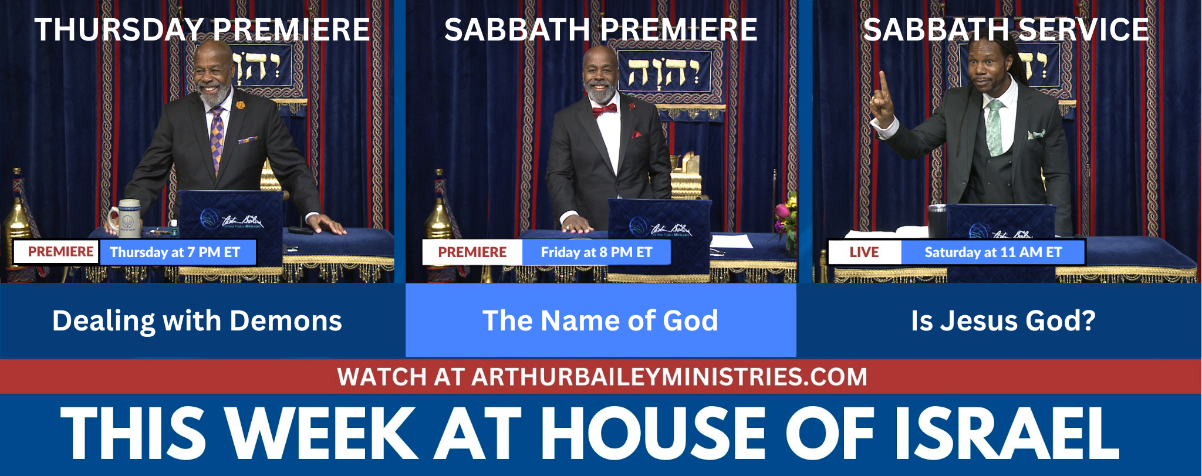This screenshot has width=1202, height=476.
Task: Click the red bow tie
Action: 604,110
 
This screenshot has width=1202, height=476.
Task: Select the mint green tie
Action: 994,127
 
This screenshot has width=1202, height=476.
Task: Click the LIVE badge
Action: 864,252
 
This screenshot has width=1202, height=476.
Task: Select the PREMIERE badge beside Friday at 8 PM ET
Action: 472,252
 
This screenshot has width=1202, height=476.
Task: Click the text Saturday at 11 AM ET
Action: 993,252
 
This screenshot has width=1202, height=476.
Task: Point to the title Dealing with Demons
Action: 197,321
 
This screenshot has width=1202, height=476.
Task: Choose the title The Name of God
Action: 600,320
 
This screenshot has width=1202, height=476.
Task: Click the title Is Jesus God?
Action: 1003,320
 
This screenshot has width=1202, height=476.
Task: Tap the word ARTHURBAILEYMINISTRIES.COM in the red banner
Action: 669,377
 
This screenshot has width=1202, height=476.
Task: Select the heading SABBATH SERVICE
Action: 1006,29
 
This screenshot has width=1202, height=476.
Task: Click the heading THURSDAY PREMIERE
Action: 202,29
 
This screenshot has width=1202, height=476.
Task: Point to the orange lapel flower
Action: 240,106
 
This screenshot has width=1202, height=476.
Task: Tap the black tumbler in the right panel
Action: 937,221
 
